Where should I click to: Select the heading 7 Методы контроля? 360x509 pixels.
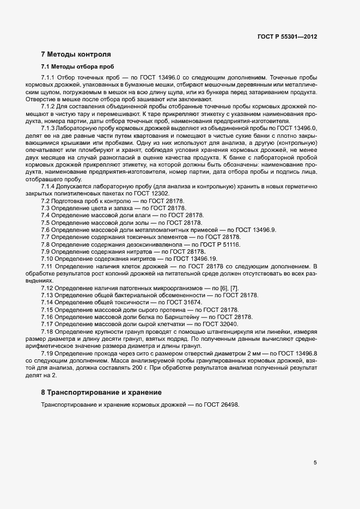click(x=76, y=54)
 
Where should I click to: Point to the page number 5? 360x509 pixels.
click(x=315, y=463)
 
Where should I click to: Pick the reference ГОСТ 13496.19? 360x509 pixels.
click(x=196, y=259)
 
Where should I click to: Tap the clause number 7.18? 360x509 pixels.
click(x=47, y=332)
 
